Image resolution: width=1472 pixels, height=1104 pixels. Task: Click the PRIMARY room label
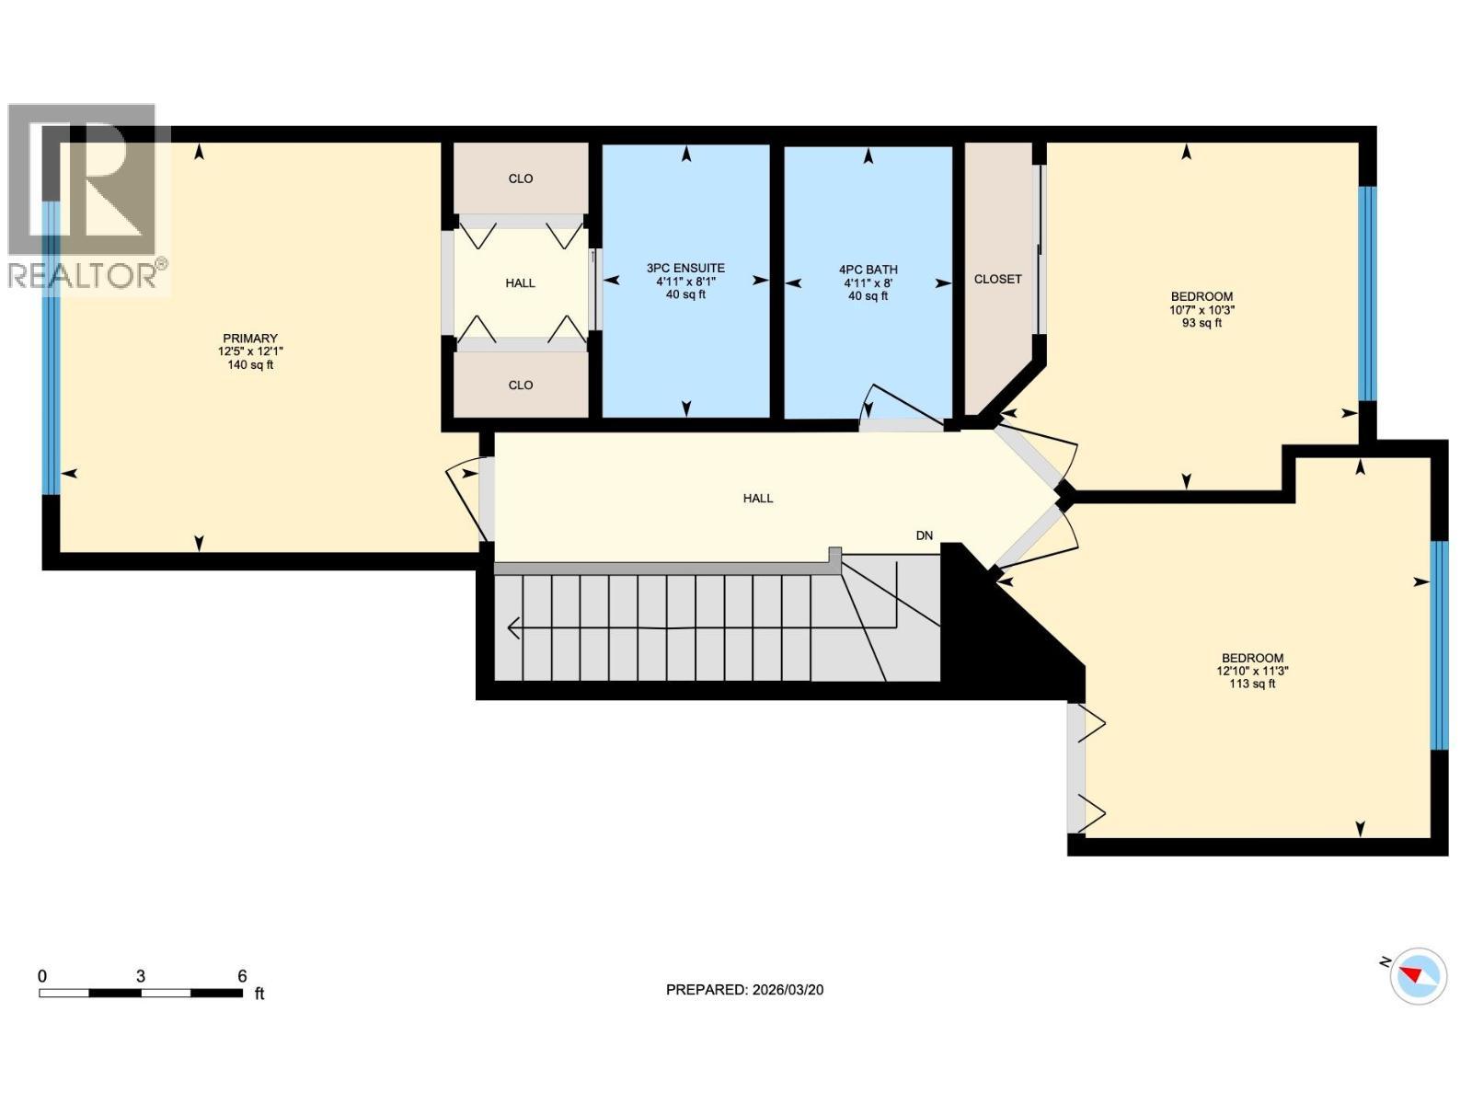click(250, 339)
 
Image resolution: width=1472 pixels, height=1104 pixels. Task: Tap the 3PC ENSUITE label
click(685, 268)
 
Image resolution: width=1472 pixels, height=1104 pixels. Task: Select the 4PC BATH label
click(868, 270)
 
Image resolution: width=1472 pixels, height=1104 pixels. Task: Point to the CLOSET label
click(997, 279)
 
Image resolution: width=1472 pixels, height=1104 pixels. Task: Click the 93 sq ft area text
click(1202, 323)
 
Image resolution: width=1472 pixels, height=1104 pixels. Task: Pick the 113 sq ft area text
click(1252, 684)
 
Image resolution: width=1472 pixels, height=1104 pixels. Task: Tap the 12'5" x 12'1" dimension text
click(250, 351)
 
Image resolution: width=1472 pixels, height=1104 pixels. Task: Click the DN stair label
click(924, 535)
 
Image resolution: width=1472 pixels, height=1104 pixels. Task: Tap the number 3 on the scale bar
click(141, 976)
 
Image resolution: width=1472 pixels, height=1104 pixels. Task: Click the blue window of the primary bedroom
click(51, 348)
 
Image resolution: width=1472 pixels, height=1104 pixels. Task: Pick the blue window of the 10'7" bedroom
click(1367, 293)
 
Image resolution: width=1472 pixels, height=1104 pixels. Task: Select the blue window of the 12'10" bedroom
click(1439, 645)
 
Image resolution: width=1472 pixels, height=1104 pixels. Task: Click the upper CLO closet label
click(521, 178)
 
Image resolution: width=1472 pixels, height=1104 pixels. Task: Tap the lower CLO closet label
click(521, 385)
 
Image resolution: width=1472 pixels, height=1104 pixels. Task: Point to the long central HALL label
click(758, 498)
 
